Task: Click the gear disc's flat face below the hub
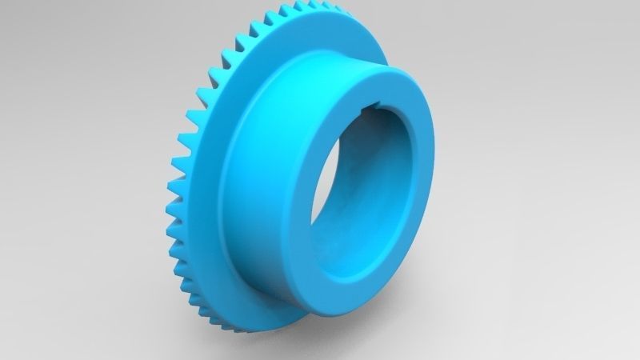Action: click(x=264, y=308)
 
